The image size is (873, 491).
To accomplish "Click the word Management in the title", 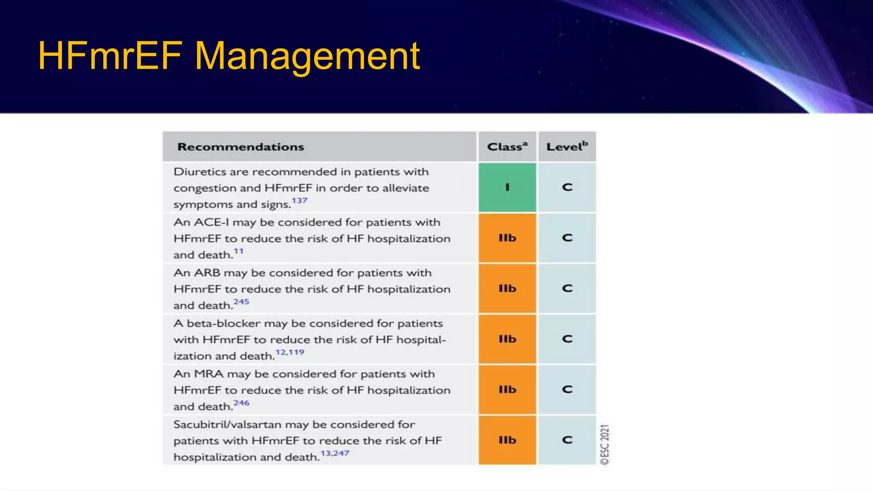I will click(307, 56).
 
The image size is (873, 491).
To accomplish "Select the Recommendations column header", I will click(240, 147).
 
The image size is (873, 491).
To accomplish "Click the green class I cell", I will click(507, 188).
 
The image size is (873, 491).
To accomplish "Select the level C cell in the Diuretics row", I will click(567, 188).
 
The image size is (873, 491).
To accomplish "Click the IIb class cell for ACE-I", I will click(507, 238).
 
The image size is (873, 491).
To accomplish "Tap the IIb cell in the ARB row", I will click(507, 289).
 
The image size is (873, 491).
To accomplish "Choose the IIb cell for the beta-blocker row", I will click(507, 339).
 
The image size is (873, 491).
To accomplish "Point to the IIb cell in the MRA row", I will click(507, 390).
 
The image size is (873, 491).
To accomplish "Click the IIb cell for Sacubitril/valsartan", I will click(507, 440).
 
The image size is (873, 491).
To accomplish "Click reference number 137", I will click(299, 200).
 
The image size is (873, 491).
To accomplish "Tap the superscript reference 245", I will click(241, 301).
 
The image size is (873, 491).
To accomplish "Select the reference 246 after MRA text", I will click(241, 403).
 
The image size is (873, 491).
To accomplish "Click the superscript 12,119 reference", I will click(290, 352).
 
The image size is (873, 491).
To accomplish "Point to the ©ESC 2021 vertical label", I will click(605, 444).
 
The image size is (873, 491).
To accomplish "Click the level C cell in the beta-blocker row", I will click(567, 339).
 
